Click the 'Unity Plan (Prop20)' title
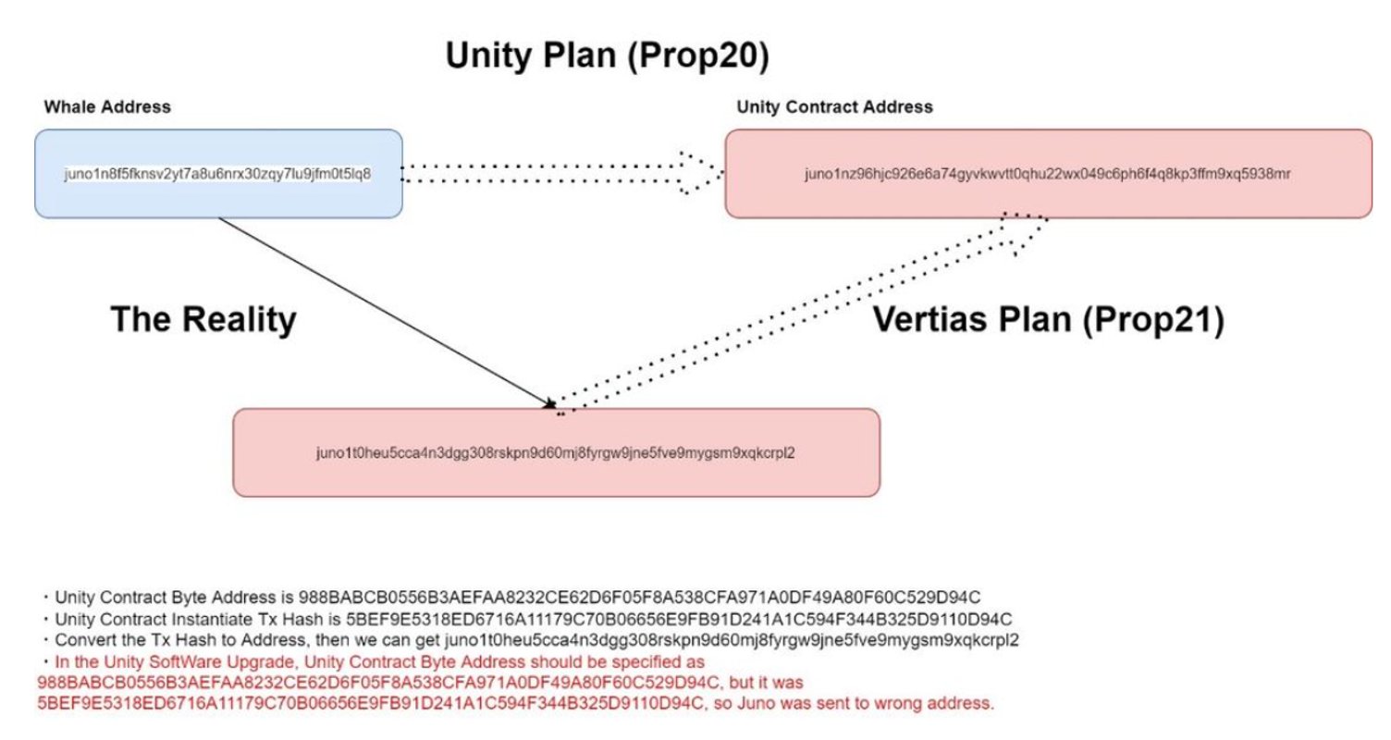[608, 55]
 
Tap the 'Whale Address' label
[107, 107]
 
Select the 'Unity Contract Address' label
[834, 107]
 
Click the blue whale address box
[218, 173]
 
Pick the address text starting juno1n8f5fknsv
[217, 174]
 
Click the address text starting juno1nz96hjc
[1048, 174]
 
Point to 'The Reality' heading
[203, 319]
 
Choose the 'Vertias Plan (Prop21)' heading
[1049, 319]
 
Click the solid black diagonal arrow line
[387, 313]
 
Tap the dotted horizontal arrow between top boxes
[562, 173]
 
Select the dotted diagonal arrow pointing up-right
[801, 314]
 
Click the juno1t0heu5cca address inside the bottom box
[556, 453]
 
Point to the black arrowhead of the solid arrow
[549, 404]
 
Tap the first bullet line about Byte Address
[511, 598]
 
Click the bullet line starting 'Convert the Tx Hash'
[530, 640]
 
